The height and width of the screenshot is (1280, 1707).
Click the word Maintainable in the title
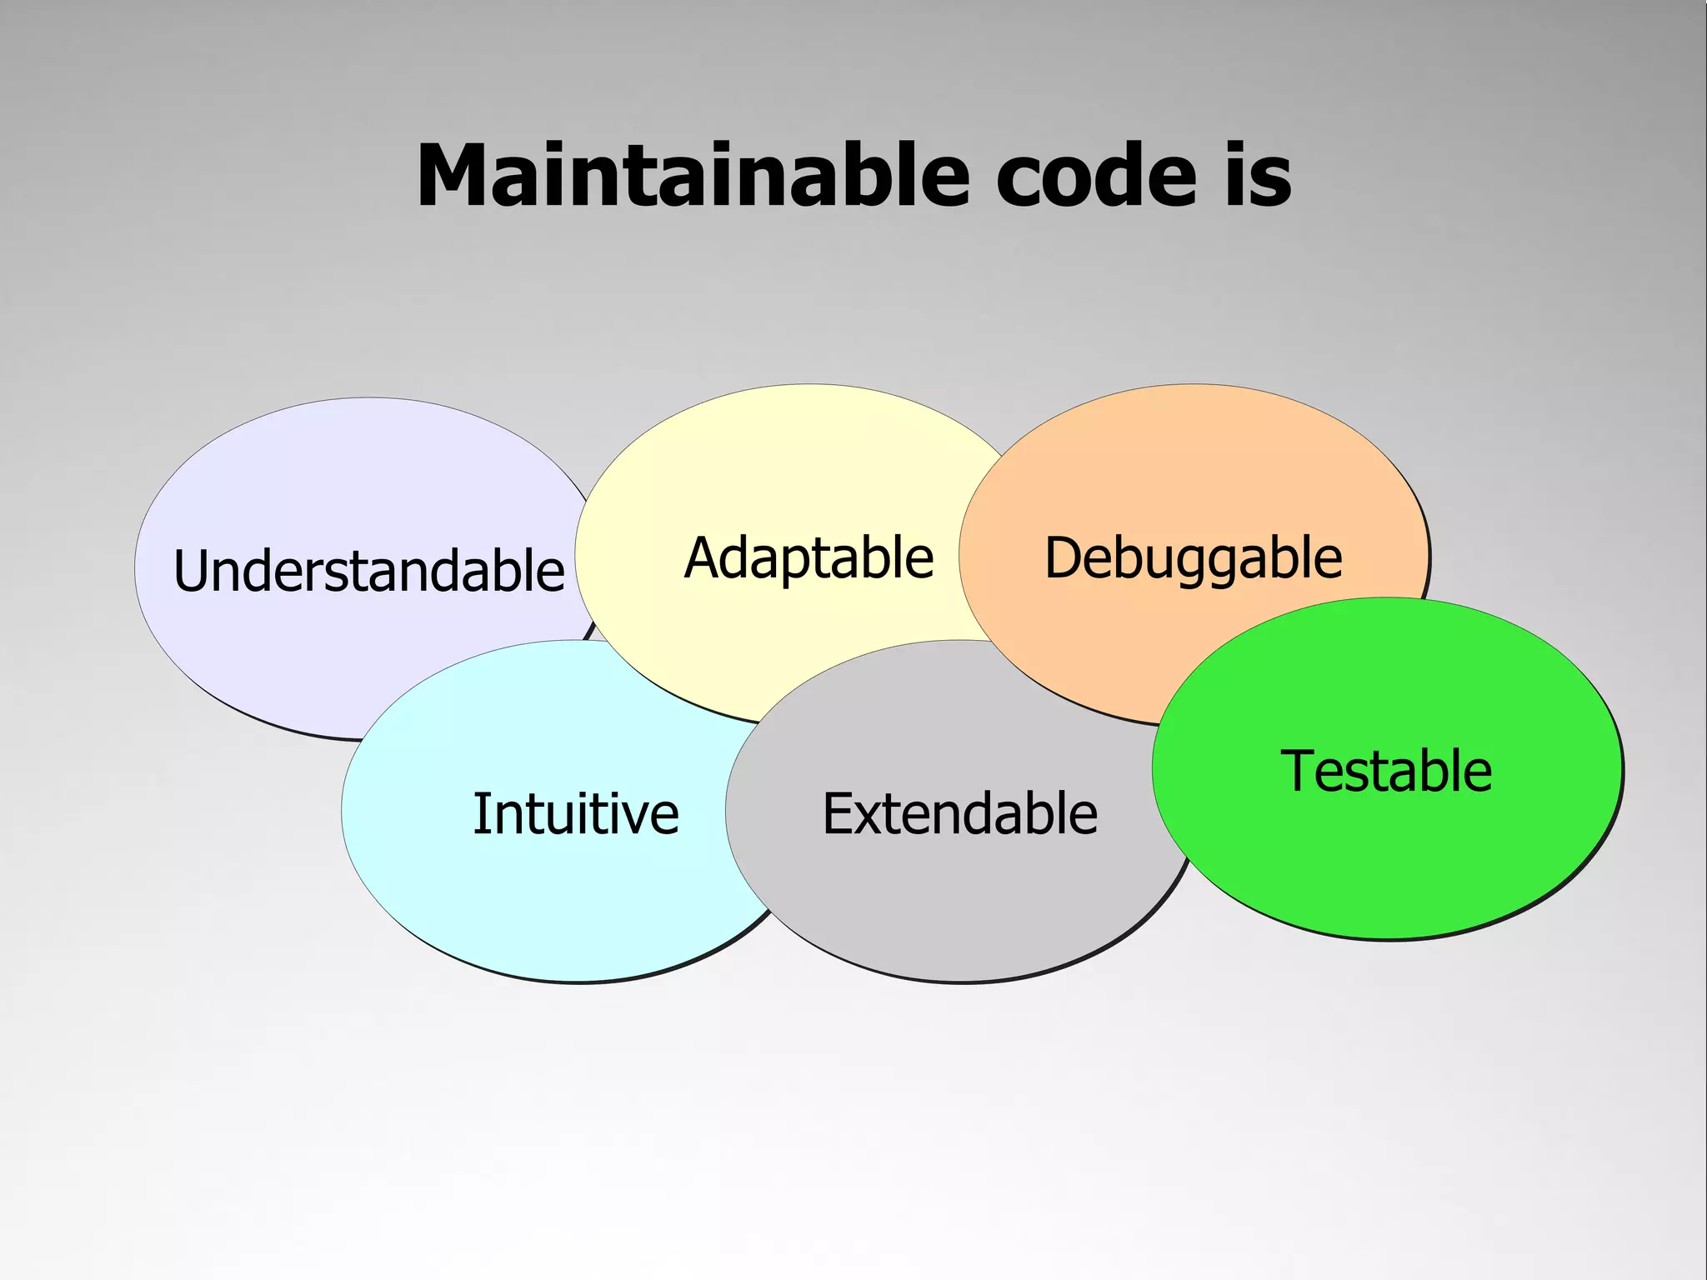(693, 176)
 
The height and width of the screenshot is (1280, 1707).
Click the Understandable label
(368, 571)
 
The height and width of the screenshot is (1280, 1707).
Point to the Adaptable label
(808, 557)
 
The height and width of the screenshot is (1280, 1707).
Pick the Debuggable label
(1193, 557)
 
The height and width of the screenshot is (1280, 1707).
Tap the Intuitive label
(575, 813)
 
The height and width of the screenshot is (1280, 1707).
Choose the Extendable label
(959, 813)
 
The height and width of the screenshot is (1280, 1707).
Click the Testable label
(1385, 771)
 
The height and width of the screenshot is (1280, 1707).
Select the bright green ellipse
(1387, 867)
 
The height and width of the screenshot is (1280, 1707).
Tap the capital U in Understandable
(191, 571)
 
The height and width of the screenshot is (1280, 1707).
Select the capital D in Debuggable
(1064, 557)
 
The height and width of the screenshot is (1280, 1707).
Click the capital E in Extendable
(838, 813)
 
